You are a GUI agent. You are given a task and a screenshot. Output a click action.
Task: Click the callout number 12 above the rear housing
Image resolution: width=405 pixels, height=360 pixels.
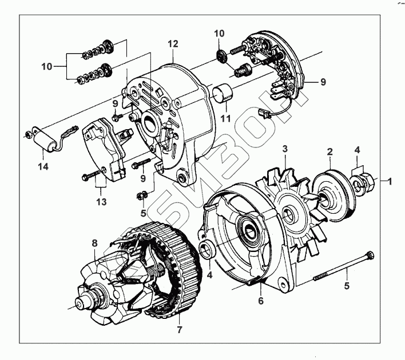tap(173, 43)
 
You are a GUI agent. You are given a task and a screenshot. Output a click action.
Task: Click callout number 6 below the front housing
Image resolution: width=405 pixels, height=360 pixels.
tap(261, 300)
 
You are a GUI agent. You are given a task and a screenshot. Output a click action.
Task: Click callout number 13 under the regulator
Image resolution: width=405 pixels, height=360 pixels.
tap(101, 201)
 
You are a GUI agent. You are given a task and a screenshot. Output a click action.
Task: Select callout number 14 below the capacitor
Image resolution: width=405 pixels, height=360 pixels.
tap(43, 166)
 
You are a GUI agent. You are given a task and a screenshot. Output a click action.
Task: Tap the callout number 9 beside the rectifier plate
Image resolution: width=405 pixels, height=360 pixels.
tap(323, 82)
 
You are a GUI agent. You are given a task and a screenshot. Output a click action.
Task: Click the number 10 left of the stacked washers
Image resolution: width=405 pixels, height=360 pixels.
tap(47, 66)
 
